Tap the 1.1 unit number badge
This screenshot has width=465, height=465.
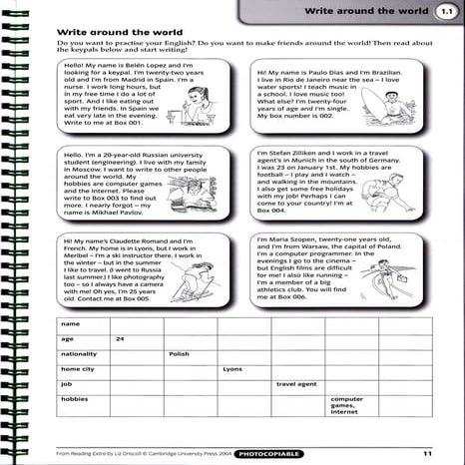443,13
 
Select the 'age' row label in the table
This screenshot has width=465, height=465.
66,339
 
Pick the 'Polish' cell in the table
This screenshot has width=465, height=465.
180,353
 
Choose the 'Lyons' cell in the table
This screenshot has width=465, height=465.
232,368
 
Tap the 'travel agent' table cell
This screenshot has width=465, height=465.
295,383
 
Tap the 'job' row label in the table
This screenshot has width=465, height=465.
65,383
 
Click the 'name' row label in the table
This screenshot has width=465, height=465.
69,324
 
